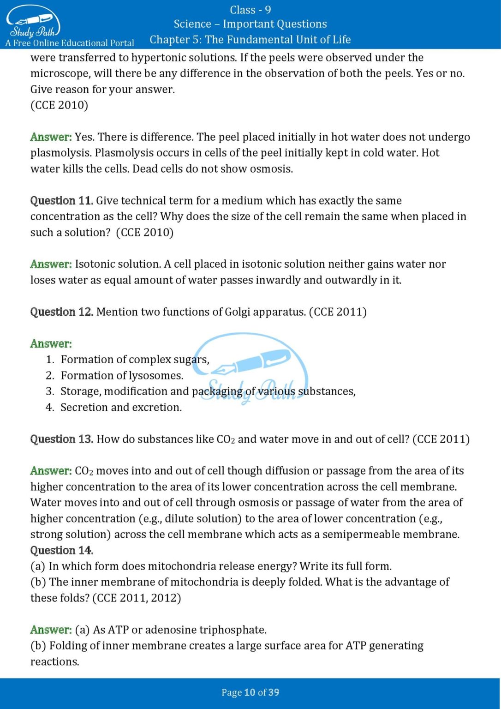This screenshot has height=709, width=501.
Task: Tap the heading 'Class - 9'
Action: (x=250, y=10)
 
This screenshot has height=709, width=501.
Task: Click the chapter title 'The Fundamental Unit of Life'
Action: (x=278, y=40)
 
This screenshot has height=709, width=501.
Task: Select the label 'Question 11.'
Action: (x=62, y=201)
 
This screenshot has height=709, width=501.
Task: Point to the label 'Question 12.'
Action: (x=62, y=312)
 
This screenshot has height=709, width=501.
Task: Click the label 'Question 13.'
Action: (x=62, y=439)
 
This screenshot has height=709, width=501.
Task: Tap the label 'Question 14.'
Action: (x=62, y=550)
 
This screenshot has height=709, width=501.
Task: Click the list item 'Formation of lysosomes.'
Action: (x=122, y=376)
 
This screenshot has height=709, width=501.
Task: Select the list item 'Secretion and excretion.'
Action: (x=121, y=408)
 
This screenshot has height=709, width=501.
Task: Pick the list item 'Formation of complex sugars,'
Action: (x=135, y=360)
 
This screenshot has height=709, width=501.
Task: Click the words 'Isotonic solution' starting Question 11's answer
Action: (x=118, y=264)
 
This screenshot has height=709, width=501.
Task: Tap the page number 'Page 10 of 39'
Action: (x=250, y=692)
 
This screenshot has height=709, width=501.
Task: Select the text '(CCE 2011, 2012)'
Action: (x=137, y=598)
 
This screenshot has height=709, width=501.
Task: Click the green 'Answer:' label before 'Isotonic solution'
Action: (x=51, y=264)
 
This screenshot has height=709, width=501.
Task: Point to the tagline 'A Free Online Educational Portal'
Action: (x=70, y=43)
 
